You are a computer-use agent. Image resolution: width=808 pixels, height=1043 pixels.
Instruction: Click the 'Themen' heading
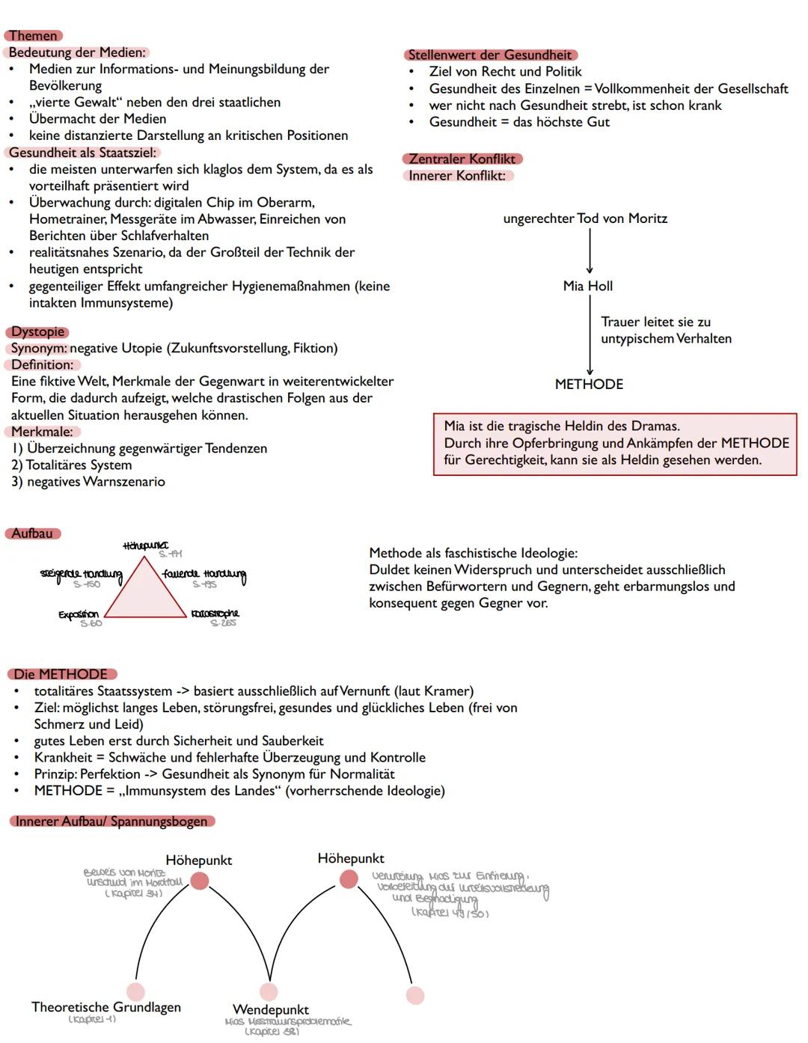[x=33, y=36]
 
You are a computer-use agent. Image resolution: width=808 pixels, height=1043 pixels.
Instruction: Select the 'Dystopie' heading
[x=37, y=331]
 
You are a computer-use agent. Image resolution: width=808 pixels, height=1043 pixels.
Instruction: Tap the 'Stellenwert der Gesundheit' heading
[x=490, y=55]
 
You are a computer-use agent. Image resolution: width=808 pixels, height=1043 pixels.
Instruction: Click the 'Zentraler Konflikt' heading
[x=462, y=159]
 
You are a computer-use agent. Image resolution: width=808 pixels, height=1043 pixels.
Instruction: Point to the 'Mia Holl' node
[x=588, y=286]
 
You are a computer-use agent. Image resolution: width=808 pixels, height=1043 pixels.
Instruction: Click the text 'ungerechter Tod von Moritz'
[x=585, y=218]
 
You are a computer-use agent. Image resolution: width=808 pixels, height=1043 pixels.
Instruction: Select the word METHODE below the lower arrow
[x=589, y=384]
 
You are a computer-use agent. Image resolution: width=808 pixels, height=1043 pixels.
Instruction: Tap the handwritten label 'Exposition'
[x=79, y=614]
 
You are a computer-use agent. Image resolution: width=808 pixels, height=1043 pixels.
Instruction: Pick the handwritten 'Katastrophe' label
[x=215, y=614]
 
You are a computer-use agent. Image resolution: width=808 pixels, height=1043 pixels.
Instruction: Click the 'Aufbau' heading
[x=32, y=533]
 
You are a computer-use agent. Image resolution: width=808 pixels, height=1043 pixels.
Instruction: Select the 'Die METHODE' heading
[x=61, y=674]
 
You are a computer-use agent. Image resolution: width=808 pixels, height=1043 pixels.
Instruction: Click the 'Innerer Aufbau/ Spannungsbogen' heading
[x=111, y=821]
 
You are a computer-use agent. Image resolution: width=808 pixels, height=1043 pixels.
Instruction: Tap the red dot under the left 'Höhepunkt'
[x=199, y=881]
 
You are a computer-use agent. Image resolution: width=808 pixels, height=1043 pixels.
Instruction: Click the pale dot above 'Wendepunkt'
[x=269, y=991]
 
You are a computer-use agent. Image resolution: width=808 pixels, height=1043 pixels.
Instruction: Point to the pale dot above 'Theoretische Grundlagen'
[x=135, y=991]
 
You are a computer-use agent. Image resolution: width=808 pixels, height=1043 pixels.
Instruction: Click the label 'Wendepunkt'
[x=271, y=1009]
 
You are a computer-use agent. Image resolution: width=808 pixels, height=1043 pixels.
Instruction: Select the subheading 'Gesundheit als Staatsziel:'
[x=82, y=153]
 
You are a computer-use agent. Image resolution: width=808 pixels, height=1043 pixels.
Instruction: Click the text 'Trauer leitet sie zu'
[x=655, y=322]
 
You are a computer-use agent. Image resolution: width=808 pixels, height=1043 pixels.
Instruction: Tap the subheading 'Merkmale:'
[x=42, y=432]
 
